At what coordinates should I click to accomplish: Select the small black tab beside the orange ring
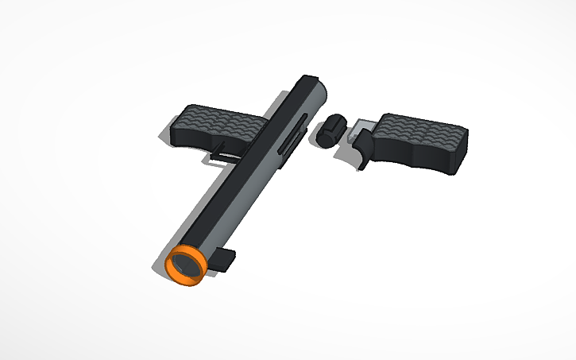point(226,260)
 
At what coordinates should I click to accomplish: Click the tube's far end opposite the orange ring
point(312,82)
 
